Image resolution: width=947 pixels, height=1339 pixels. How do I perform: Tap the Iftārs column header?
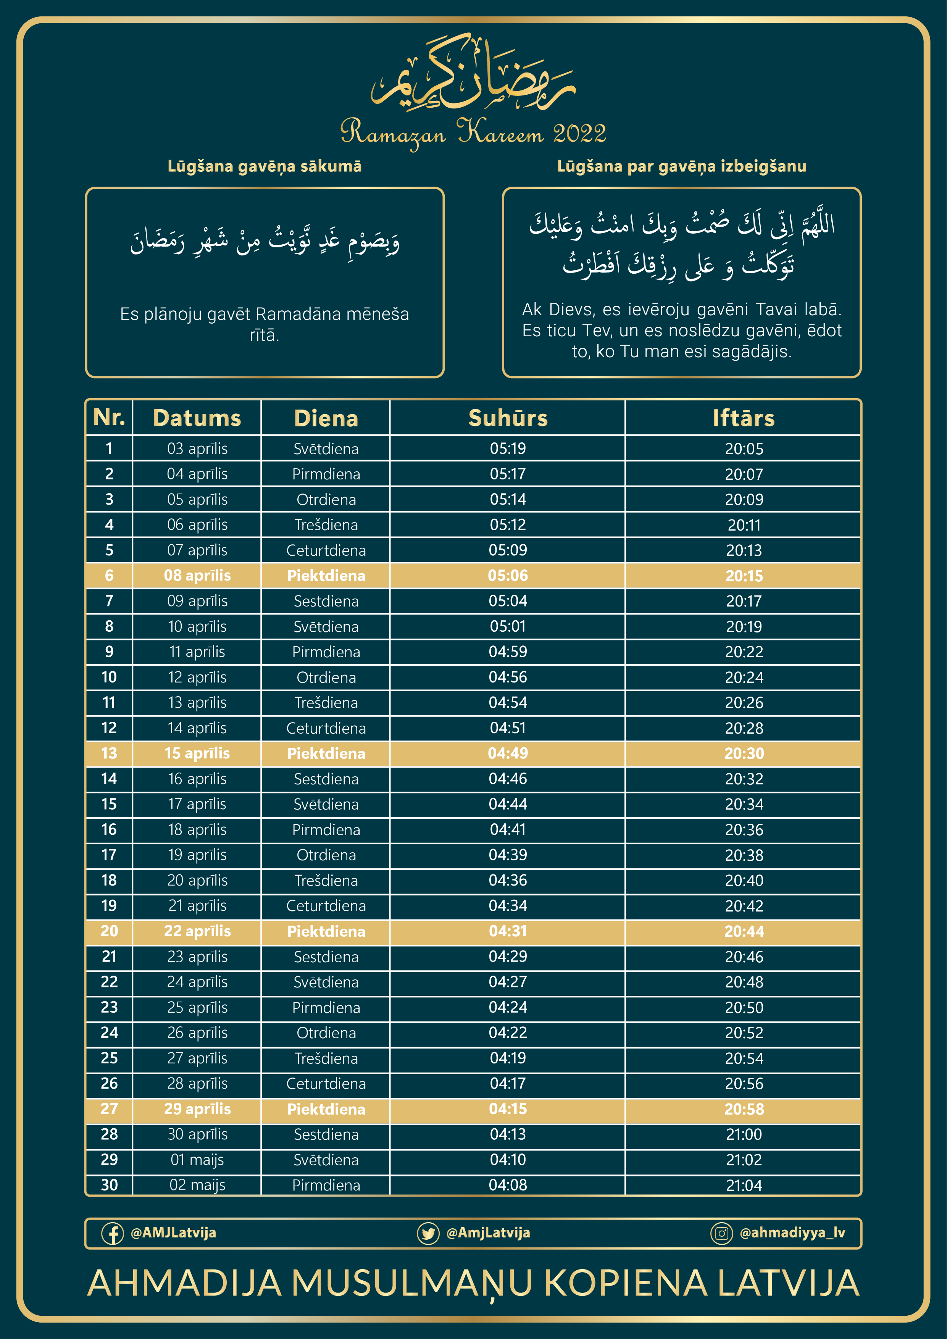(744, 418)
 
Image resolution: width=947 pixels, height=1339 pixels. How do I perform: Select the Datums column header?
(197, 418)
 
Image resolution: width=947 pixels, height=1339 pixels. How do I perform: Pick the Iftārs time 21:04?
(744, 1185)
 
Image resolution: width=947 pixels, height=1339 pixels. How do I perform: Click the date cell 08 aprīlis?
(197, 576)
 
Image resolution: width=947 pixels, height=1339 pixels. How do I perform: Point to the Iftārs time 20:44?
(744, 931)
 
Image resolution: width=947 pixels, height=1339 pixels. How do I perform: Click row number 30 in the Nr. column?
(109, 1185)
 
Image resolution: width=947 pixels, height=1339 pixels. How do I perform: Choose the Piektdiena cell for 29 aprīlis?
(326, 1109)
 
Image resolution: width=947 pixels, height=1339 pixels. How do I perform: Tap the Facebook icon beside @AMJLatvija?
(113, 1233)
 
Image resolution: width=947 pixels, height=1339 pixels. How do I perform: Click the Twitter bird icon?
(428, 1233)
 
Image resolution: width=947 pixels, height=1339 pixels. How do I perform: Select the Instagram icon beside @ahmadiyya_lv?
(721, 1233)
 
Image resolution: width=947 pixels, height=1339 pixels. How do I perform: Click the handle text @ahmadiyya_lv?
(792, 1233)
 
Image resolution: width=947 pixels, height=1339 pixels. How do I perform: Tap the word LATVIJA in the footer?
(788, 1284)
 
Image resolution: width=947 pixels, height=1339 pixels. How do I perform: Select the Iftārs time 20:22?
(744, 652)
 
